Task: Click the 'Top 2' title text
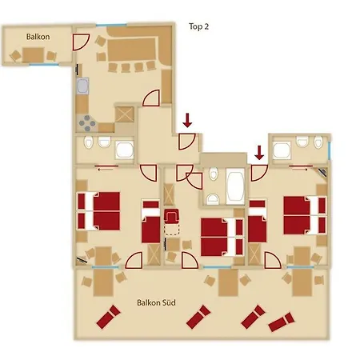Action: coord(198,26)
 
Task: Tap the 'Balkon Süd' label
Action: coord(156,302)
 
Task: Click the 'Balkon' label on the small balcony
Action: coord(38,37)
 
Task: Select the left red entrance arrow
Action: coord(187,120)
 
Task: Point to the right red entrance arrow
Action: coord(259,153)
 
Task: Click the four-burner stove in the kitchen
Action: coord(87,123)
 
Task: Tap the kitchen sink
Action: coord(82,86)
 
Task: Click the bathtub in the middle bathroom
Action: coord(235,186)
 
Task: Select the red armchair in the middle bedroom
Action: coord(172,215)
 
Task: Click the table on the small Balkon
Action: coord(33,55)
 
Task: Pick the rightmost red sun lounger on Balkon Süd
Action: coord(282,322)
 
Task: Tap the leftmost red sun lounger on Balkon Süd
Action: coord(108,317)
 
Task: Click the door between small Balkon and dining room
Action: coord(81,42)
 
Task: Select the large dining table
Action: coord(131,50)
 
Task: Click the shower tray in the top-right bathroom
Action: coord(282,150)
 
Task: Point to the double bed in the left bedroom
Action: coord(98,211)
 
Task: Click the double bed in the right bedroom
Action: coord(305,215)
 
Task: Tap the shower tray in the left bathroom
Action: coord(124,150)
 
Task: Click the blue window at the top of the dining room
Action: coord(111,25)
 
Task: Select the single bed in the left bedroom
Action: coord(150,221)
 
